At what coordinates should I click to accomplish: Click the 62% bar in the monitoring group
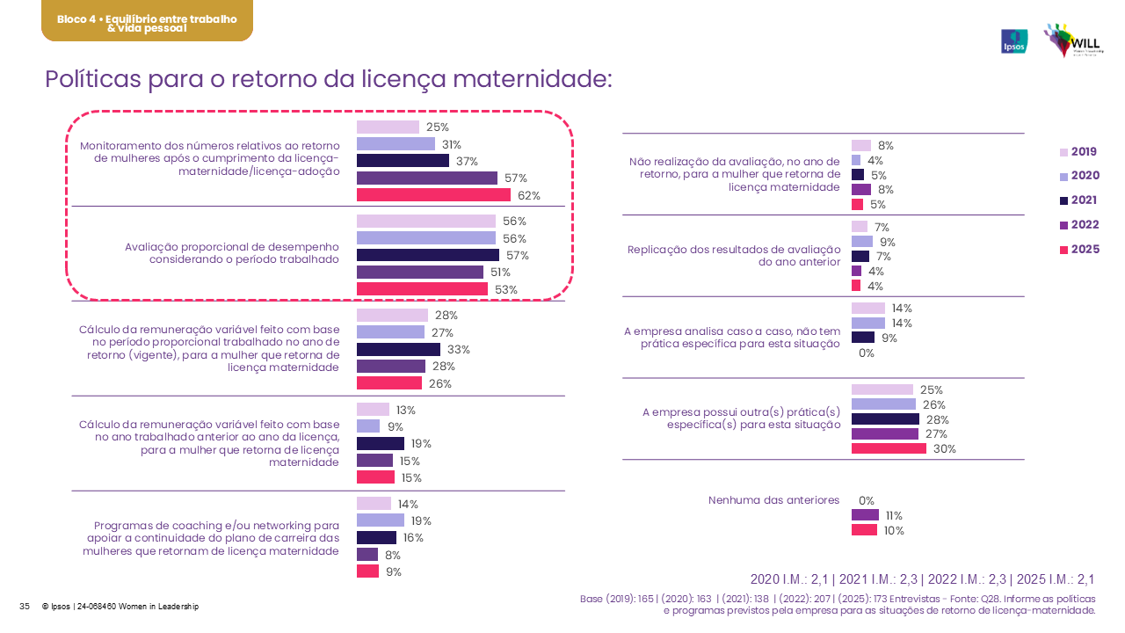(x=433, y=195)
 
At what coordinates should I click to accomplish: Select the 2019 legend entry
(x=1078, y=152)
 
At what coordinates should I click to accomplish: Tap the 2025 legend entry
(x=1080, y=250)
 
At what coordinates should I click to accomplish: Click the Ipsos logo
(x=1014, y=41)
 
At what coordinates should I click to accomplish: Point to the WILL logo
(x=1074, y=40)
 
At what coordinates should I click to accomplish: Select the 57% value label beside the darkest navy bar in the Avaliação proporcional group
(x=516, y=256)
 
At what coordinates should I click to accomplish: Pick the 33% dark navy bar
(x=398, y=349)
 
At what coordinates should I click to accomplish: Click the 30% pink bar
(x=889, y=448)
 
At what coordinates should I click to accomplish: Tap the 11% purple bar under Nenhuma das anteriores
(x=865, y=515)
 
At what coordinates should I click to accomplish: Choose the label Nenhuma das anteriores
(x=773, y=500)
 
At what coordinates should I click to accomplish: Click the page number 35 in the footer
(x=25, y=607)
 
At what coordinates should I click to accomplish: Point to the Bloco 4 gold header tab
(x=147, y=22)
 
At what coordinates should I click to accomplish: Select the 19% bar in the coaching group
(x=380, y=520)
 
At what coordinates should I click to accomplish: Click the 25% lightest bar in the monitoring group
(x=388, y=127)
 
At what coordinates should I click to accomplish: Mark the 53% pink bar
(x=422, y=289)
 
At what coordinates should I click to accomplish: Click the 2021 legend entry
(x=1078, y=200)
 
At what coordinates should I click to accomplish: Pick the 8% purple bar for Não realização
(x=861, y=189)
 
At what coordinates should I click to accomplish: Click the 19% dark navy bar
(x=381, y=444)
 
